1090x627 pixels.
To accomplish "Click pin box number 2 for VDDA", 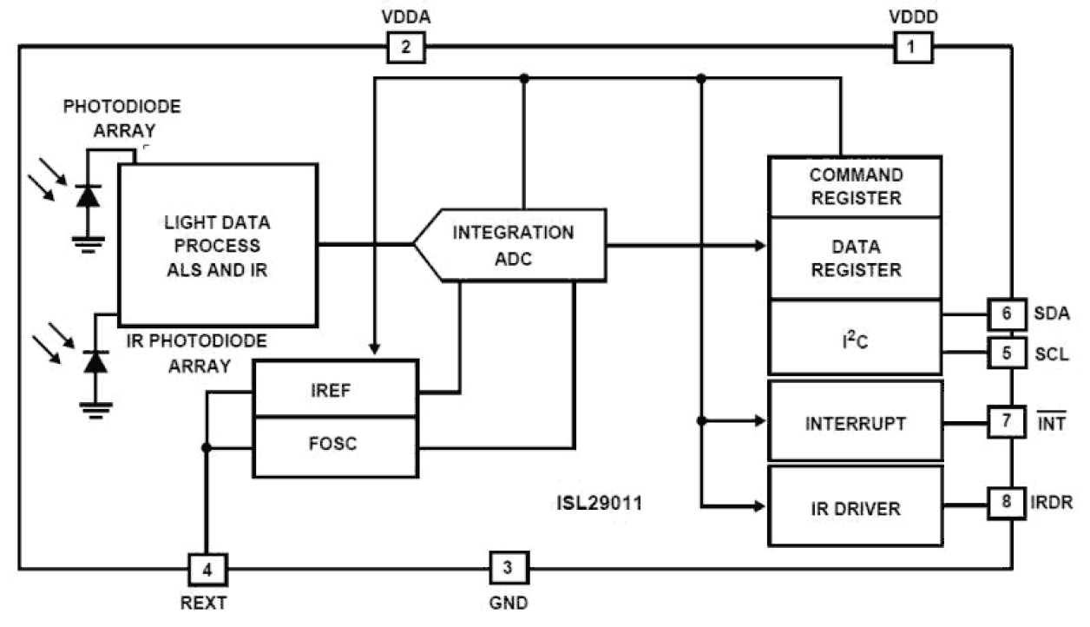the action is (405, 48).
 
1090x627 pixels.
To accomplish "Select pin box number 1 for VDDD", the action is (911, 48).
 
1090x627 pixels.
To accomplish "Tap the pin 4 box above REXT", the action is (207, 570).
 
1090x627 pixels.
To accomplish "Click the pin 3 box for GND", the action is (509, 569).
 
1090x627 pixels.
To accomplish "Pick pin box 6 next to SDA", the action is (1008, 313).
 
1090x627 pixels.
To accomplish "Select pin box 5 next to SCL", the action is (1008, 353).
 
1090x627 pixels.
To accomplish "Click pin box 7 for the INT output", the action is (1008, 422).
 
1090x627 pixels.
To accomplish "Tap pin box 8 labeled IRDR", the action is (1008, 503).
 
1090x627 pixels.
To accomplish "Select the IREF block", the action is (335, 388).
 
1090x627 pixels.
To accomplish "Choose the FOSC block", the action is (335, 445).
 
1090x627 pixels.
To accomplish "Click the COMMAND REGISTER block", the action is (855, 187).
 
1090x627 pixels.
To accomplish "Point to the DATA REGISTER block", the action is (855, 258).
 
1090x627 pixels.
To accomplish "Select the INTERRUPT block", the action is (855, 422).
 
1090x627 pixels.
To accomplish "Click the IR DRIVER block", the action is (855, 507).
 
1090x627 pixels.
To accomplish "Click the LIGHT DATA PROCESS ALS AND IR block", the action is (217, 246).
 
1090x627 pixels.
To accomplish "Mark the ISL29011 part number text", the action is (599, 503).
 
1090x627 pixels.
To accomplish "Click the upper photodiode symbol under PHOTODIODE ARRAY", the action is (87, 195).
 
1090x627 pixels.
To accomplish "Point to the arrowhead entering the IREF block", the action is (374, 349).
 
